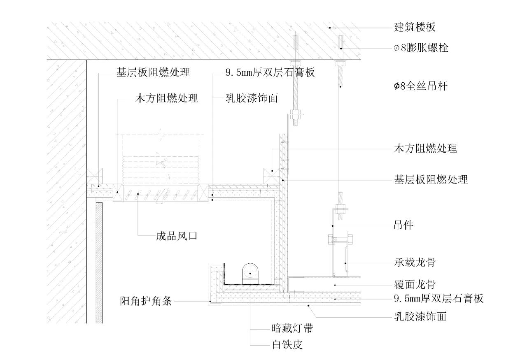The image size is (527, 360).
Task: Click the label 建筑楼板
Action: tap(415, 28)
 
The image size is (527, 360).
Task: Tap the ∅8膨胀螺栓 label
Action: tap(421, 48)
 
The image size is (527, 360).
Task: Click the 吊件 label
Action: tap(403, 225)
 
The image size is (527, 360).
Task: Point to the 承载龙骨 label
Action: tap(414, 262)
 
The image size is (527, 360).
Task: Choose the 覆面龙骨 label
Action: tap(414, 284)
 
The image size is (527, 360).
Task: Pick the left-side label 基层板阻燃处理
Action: tap(152, 73)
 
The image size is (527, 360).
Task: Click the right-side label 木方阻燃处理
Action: tap(426, 149)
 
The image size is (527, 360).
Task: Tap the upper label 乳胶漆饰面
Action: tap(251, 98)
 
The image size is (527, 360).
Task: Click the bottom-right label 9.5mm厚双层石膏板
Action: tap(438, 298)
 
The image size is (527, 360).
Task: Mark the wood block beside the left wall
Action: tap(94, 176)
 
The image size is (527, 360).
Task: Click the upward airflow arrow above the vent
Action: tap(161, 163)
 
